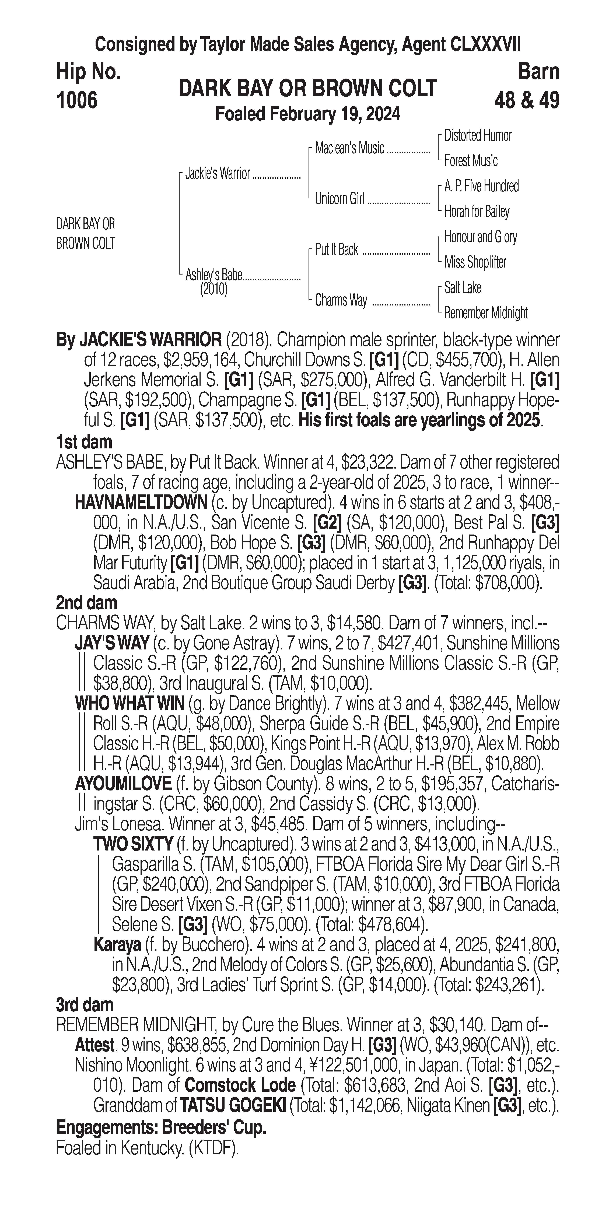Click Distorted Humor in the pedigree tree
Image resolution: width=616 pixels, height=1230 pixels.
click(x=478, y=136)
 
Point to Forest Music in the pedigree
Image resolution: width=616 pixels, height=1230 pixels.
click(x=471, y=161)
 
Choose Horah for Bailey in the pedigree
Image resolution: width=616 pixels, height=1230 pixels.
click(x=477, y=212)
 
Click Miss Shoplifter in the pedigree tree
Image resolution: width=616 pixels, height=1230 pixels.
click(x=475, y=262)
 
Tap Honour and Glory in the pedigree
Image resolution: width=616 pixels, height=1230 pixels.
click(x=480, y=237)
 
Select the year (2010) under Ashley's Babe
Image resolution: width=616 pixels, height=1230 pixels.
click(x=213, y=289)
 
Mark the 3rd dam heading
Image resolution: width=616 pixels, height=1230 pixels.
click(x=85, y=1005)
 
